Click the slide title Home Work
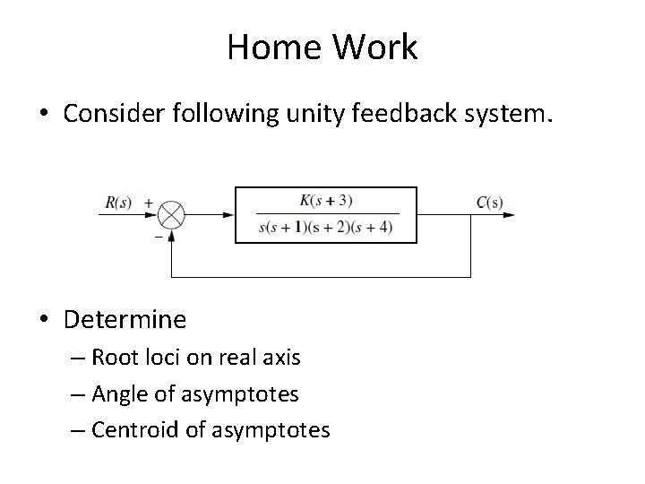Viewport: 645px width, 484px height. click(x=322, y=48)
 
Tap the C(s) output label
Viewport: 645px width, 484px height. click(x=489, y=202)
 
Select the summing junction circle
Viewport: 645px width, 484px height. click(x=171, y=215)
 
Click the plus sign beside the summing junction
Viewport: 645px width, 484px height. click(x=148, y=203)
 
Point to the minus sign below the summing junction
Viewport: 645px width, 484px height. click(x=158, y=237)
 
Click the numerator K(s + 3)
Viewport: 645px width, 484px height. click(x=325, y=200)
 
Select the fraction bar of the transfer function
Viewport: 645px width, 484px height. click(x=325, y=214)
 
